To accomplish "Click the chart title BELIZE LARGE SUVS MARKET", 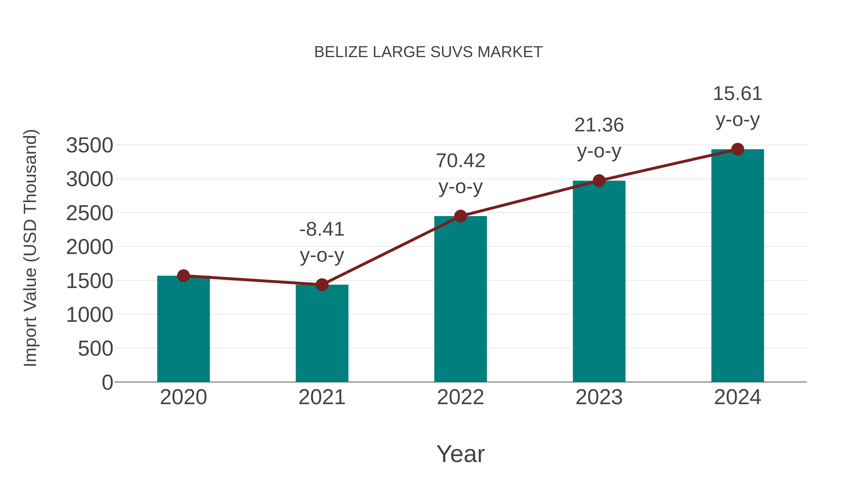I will [x=428, y=52].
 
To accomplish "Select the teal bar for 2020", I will [x=183, y=329].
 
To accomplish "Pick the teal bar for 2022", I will [x=460, y=299].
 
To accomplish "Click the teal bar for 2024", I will [x=737, y=266].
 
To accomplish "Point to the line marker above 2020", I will [x=183, y=276].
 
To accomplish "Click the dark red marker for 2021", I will [x=322, y=285].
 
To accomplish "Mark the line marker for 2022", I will [x=460, y=216].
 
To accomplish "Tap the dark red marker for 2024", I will [x=737, y=149].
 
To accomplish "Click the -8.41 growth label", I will [x=322, y=229].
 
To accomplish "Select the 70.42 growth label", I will [x=460, y=161].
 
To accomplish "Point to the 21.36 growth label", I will [x=599, y=125].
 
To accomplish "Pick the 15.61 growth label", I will [x=737, y=94].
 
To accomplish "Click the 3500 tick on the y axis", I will [x=90, y=145].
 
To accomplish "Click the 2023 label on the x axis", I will [x=599, y=397].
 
